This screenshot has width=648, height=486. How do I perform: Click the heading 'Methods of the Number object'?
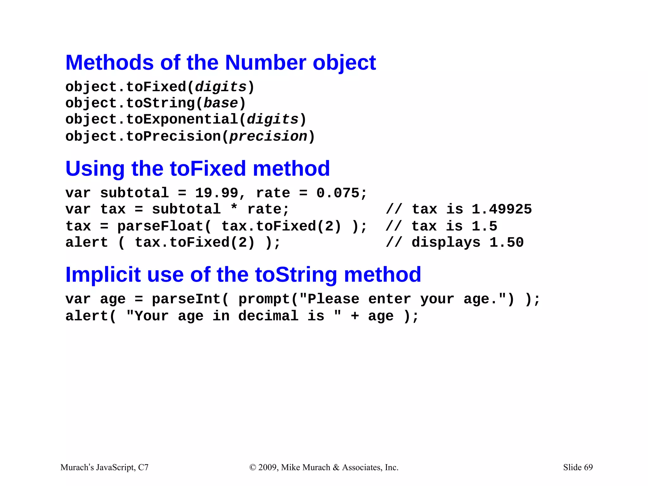(221, 63)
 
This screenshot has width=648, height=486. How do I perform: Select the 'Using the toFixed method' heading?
(197, 168)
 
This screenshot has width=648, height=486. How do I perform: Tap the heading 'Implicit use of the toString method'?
(243, 274)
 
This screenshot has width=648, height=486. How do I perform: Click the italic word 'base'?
(221, 103)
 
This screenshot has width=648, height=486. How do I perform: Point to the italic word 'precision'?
(268, 136)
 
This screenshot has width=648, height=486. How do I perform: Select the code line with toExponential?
(186, 120)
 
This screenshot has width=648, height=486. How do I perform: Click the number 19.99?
(216, 193)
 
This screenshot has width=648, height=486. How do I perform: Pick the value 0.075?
(338, 193)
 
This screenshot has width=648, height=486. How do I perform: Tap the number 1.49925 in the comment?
(502, 209)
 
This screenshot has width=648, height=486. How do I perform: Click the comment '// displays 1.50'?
(455, 243)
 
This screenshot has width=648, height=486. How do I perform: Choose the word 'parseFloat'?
(160, 226)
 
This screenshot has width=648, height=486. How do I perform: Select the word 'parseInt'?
(186, 299)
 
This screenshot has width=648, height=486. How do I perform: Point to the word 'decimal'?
(268, 316)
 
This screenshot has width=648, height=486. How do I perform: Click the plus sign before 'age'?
(355, 316)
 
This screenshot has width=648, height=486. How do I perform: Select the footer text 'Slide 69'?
(578, 467)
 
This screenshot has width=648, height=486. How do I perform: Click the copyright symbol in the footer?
(252, 468)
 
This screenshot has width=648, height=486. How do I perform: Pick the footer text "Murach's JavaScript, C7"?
(104, 467)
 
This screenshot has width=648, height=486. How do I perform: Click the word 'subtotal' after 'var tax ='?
(186, 209)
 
